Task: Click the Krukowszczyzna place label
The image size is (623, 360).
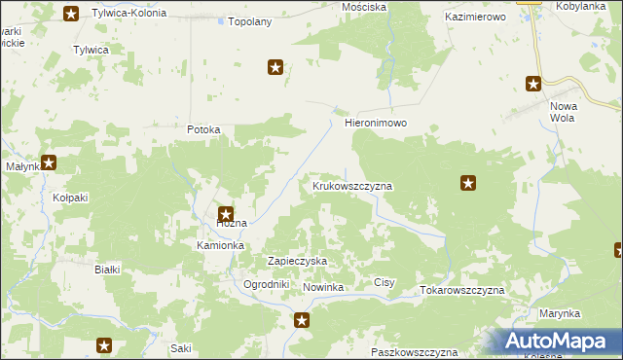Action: point(352,185)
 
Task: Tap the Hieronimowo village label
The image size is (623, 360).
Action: point(375,125)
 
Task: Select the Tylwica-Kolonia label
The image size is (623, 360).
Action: point(128,14)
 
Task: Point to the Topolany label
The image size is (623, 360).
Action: point(248,21)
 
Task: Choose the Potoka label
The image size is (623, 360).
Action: point(204,129)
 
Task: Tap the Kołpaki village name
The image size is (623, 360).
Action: point(70,198)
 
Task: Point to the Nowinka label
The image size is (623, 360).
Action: point(324,288)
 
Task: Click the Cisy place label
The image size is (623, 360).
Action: point(385,282)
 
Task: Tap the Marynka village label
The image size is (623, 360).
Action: point(559,313)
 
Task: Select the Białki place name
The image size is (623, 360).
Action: point(106,270)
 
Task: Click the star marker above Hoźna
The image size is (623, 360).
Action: point(225,215)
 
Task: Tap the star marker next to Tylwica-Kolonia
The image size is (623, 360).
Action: point(71,14)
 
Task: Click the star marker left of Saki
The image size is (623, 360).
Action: point(105,345)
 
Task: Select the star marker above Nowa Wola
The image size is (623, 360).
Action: point(534,85)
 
